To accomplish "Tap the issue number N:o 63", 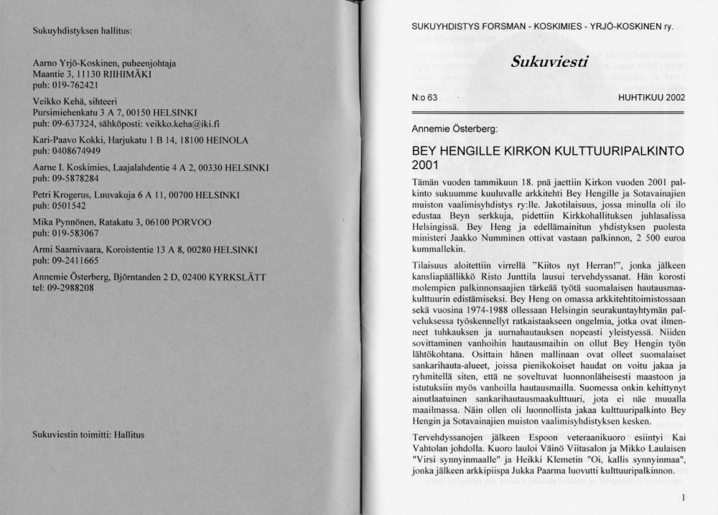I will coord(424,98).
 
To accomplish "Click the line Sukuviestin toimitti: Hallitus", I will coord(89,435).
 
